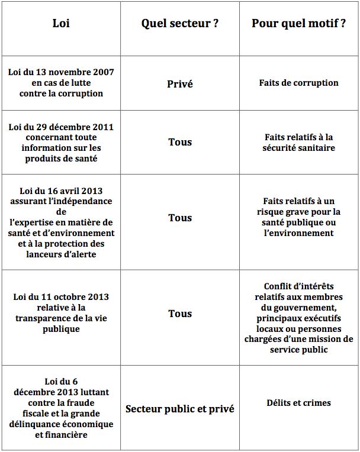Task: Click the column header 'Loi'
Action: [x=61, y=24]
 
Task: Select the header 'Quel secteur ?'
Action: [x=179, y=24]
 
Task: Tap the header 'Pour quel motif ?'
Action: [x=298, y=24]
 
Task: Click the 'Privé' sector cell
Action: [x=179, y=83]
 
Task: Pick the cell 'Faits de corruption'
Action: [x=298, y=83]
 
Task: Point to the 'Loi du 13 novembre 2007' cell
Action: [x=61, y=83]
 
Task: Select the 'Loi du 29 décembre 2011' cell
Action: [x=61, y=143]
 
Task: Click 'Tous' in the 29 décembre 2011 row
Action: [x=179, y=142]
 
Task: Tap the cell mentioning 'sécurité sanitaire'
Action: [x=298, y=143]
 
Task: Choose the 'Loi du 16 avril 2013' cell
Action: [x=61, y=222]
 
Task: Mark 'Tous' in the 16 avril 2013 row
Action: [x=179, y=218]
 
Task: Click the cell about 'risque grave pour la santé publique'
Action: [x=298, y=217]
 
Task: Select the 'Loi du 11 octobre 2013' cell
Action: [x=61, y=313]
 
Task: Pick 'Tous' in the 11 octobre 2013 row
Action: [x=179, y=314]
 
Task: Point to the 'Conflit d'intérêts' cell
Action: [x=298, y=318]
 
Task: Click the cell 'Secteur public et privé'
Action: [x=179, y=409]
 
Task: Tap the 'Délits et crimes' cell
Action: [x=298, y=403]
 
